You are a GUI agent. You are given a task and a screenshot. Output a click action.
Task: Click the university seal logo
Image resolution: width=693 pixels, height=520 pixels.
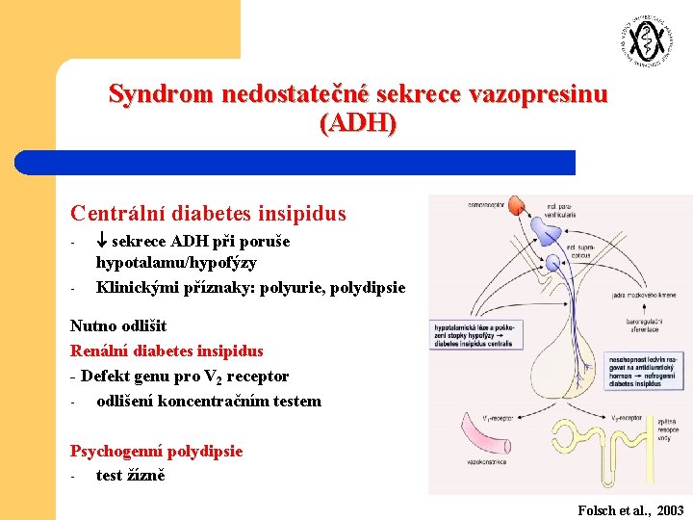pos(642,41)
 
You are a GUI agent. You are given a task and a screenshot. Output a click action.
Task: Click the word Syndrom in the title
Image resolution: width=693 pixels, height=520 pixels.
pos(162,94)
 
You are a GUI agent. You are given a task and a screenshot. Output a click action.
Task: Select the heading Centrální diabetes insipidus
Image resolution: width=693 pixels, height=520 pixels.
pos(208,214)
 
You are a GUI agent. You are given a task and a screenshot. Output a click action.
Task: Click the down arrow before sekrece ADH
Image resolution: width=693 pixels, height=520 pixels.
pos(102,241)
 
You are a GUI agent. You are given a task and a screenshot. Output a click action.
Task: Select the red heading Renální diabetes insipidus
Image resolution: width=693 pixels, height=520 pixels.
pos(167,351)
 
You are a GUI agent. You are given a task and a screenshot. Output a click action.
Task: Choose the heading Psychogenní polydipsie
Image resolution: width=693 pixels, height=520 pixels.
pos(156,451)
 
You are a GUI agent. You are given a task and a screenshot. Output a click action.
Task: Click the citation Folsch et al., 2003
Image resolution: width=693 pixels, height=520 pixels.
pos(631,510)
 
